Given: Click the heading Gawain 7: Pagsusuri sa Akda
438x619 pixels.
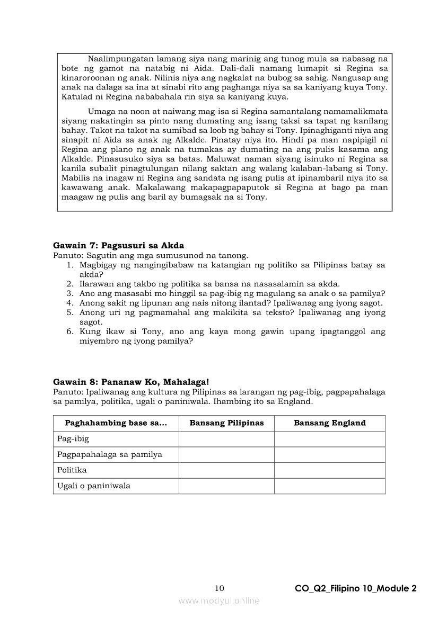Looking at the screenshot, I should coord(119,246).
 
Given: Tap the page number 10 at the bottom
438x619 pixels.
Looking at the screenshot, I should coord(220,588).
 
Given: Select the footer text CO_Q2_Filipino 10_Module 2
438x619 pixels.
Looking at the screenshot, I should coord(356,588).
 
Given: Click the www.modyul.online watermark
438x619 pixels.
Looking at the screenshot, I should coord(219,600).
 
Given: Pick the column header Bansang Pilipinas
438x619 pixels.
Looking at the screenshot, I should coord(226,423).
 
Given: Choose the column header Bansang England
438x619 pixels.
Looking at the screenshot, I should coord(329,423).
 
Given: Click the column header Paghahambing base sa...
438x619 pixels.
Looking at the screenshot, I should coord(116,423).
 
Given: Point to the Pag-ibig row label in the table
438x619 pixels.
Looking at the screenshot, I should coord(73,439).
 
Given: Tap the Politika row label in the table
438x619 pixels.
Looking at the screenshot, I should coord(72,470).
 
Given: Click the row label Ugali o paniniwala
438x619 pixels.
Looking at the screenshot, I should coord(94,486).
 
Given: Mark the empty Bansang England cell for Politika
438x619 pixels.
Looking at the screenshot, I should coord(329,470).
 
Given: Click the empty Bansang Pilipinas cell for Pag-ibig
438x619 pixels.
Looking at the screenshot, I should coord(226,439).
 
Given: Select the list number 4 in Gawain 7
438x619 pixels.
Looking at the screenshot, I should coord(69,303).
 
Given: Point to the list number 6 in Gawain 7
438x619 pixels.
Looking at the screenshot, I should coord(69,332).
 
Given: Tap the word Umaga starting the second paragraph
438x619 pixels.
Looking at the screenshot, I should coord(100,112).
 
